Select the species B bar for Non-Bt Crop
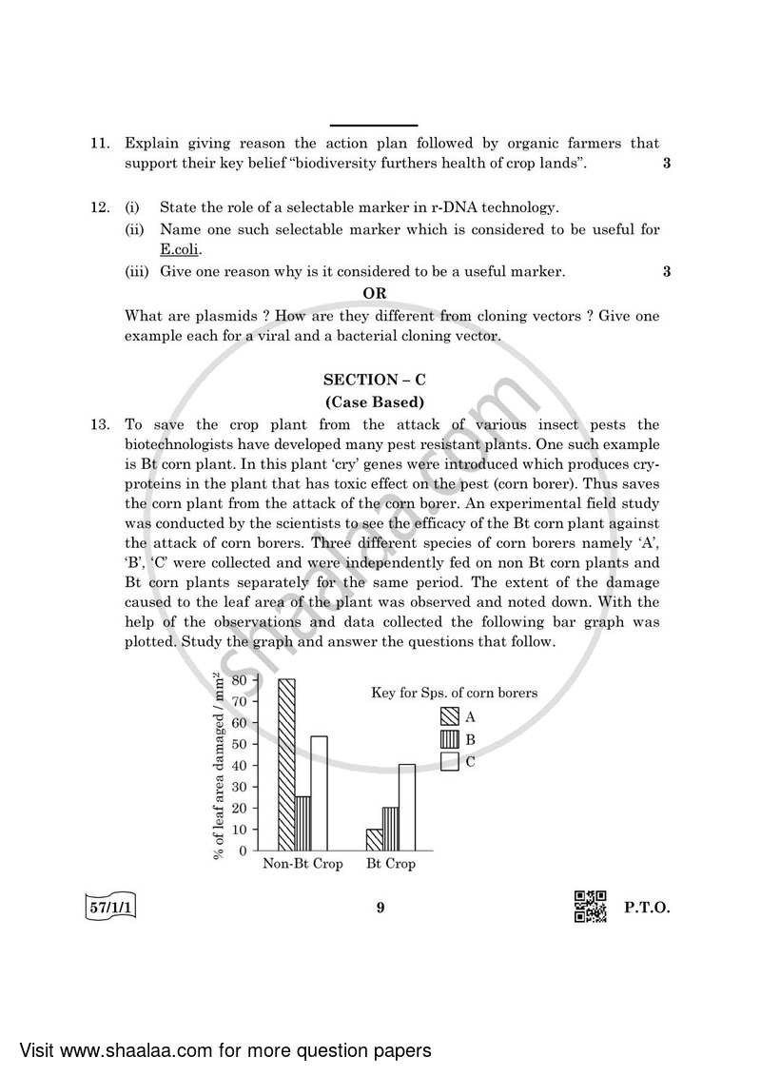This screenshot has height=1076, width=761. [302, 823]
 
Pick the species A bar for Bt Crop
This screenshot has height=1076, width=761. [374, 839]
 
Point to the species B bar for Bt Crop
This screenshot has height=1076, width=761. [390, 829]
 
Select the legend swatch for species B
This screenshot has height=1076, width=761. [450, 739]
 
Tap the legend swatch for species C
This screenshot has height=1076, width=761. [450, 761]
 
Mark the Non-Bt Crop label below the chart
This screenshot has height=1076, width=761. [302, 864]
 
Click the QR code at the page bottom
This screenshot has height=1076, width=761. [590, 907]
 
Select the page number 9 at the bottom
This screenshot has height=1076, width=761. [380, 908]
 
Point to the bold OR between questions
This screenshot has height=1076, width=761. [374, 294]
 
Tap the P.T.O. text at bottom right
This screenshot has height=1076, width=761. [647, 908]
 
